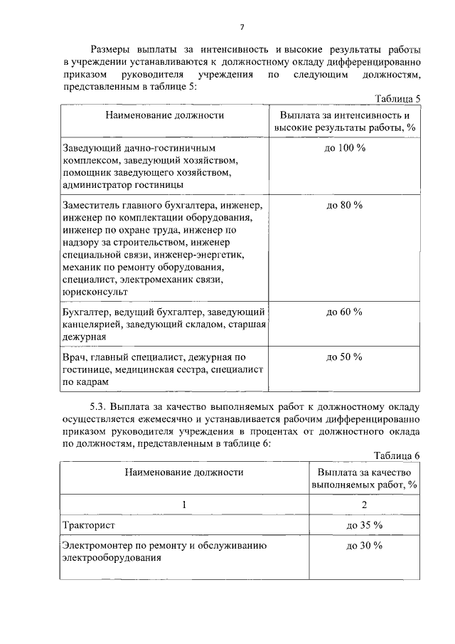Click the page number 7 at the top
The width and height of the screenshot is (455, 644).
click(242, 28)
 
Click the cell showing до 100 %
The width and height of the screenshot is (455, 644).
click(345, 147)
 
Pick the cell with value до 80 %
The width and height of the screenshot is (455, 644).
click(345, 204)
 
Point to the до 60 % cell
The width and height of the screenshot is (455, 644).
click(345, 312)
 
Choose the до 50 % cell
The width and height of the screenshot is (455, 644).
click(345, 357)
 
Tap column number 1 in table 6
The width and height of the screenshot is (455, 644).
click(184, 505)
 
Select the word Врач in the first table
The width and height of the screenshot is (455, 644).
click(73, 357)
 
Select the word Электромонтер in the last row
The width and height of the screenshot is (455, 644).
click(96, 546)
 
